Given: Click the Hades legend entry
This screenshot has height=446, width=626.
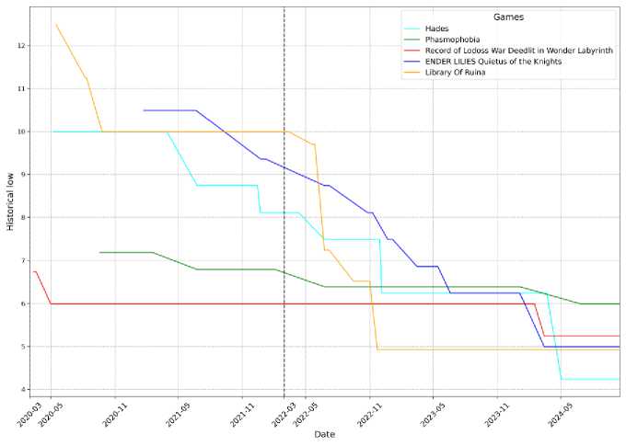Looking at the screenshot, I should pyautogui.click(x=450, y=29).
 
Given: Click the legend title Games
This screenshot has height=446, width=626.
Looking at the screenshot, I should pyautogui.click(x=509, y=17).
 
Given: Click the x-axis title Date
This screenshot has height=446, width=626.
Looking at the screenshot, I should pyautogui.click(x=326, y=434).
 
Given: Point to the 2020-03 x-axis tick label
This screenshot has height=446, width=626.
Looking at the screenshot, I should pyautogui.click(x=29, y=414).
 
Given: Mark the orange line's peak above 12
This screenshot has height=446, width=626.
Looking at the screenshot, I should pyautogui.click(x=56, y=24).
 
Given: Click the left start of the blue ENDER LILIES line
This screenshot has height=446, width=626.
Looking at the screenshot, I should pyautogui.click(x=144, y=110).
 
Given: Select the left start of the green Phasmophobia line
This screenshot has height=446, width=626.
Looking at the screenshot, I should pyautogui.click(x=99, y=252).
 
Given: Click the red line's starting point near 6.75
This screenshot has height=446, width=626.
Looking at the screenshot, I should pyautogui.click(x=33, y=271).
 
